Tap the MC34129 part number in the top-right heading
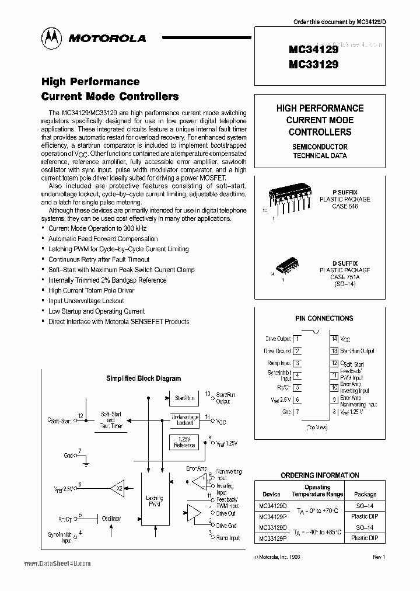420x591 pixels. click(313, 50)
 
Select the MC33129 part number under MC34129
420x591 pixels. click(313, 65)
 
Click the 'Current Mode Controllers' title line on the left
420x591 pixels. click(110, 96)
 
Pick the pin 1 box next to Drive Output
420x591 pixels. click(297, 339)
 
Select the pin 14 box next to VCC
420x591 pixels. click(334, 339)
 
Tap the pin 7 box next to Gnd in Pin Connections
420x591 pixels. click(297, 412)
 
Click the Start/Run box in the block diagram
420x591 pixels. click(185, 398)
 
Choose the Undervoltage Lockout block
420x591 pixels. click(184, 419)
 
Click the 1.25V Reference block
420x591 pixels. click(184, 442)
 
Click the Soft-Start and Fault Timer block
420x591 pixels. click(111, 421)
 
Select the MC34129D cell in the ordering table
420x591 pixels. click(271, 506)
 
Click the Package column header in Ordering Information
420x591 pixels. click(365, 494)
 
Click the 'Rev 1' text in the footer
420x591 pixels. click(379, 557)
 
